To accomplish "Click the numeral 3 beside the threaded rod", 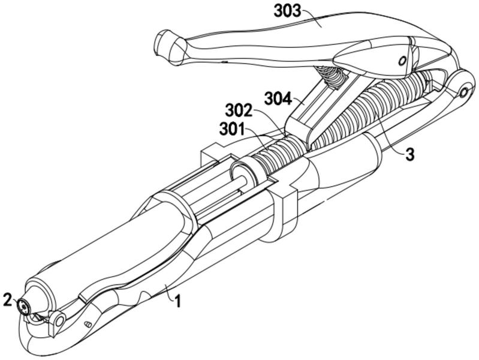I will (409, 154).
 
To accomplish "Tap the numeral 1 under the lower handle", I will (177, 300).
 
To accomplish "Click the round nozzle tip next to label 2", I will (24, 307).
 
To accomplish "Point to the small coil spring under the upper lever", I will (329, 76).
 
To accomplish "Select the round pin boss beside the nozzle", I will (59, 321).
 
